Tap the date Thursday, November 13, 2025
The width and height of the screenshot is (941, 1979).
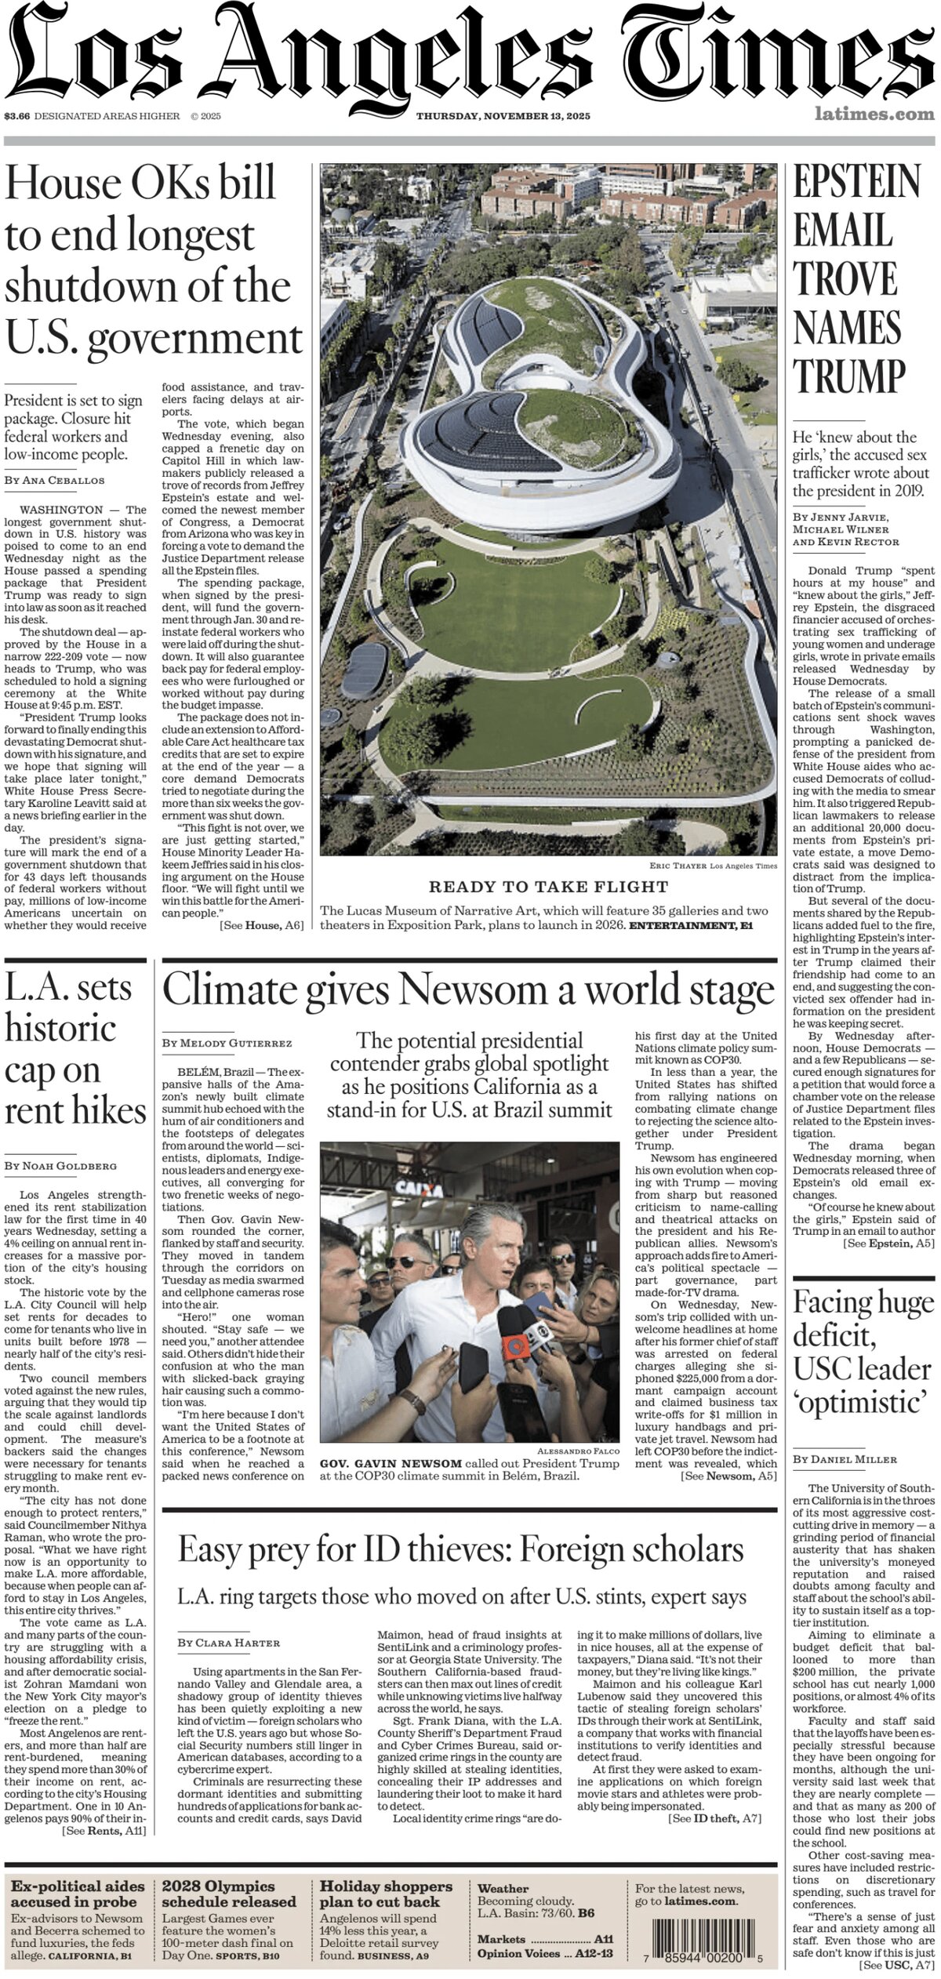(x=503, y=116)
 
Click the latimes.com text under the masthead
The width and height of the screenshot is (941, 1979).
(x=874, y=114)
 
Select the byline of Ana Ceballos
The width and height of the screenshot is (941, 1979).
(x=54, y=480)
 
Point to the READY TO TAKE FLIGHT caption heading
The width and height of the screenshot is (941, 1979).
(x=548, y=887)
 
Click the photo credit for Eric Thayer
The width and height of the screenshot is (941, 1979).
(x=713, y=866)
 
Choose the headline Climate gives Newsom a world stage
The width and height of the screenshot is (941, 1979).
(x=468, y=990)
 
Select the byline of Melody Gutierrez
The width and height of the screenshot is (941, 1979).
(x=227, y=1044)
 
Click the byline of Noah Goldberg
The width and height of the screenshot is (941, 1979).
(x=60, y=1166)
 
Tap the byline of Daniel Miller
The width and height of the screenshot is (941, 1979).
(x=845, y=1459)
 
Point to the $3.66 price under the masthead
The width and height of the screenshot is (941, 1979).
(x=16, y=116)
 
